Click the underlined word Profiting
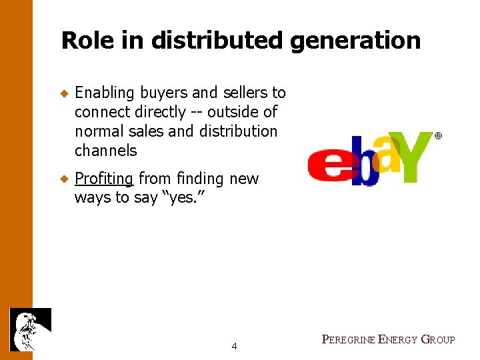coord(105,179)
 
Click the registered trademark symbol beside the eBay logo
coord(438,135)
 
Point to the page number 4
coord(234,346)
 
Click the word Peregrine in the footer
coord(348,340)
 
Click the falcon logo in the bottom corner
coord(30,329)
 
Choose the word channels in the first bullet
coord(105,151)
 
